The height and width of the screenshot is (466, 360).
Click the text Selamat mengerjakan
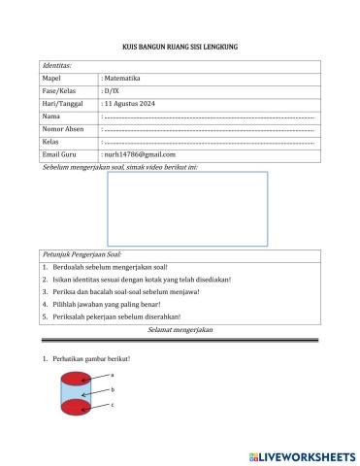tap(180, 330)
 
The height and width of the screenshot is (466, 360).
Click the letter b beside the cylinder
tap(113, 388)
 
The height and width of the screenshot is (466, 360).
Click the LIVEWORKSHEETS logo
tap(302, 454)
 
